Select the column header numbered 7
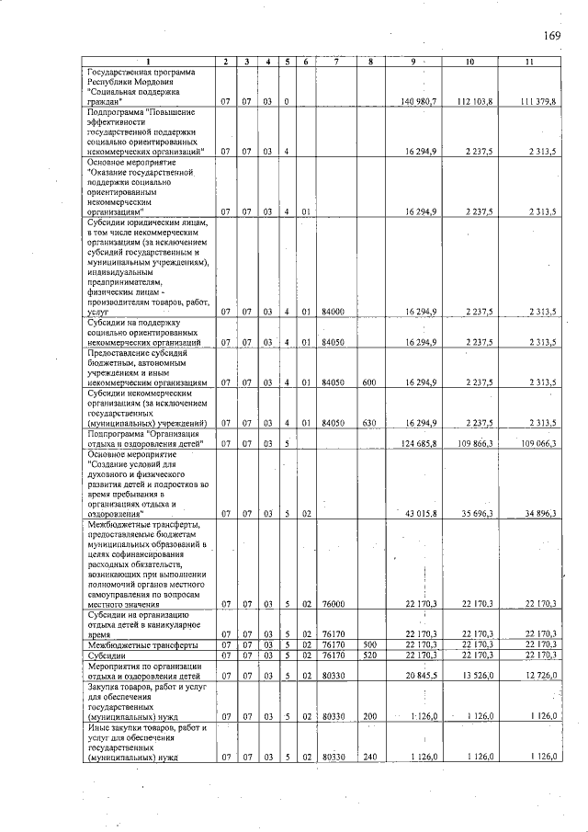tap(337, 62)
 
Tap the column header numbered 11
tap(528, 62)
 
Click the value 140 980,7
tap(419, 100)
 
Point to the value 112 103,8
tap(475, 100)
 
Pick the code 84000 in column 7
tap(333, 312)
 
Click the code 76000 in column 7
tap(333, 603)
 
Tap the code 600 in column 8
tap(368, 382)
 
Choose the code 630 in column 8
tap(368, 422)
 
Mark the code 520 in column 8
tap(368, 655)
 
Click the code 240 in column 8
tap(368, 757)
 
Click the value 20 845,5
tap(421, 675)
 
